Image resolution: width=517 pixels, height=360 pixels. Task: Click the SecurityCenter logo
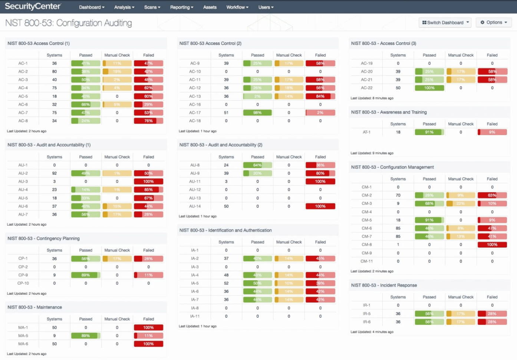(33, 6)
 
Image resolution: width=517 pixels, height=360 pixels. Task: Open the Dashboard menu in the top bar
(92, 7)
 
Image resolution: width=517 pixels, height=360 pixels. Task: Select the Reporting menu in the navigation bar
(181, 7)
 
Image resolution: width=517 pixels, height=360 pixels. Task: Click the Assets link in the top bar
(210, 7)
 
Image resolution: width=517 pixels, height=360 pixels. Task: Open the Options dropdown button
(494, 23)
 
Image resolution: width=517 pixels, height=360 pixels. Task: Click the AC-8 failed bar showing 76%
(148, 121)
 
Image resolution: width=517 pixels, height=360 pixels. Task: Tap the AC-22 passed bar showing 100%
(429, 88)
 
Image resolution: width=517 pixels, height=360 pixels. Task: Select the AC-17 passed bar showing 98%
(257, 112)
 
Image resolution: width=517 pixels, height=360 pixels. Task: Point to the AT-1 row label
(366, 132)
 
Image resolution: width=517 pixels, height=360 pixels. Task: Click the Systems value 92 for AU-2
(55, 173)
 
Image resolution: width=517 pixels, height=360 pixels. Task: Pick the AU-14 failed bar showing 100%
(320, 206)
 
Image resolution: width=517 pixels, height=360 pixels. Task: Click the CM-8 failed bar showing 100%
(492, 245)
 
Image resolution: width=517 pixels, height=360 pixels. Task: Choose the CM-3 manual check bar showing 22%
(461, 203)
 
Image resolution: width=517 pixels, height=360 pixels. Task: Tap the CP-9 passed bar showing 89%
(86, 275)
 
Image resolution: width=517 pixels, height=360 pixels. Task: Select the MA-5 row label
(23, 336)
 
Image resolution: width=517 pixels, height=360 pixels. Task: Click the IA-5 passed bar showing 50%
(257, 283)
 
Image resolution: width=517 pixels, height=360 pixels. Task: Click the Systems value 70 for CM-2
(398, 195)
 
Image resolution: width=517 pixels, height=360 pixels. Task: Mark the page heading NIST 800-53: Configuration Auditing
(69, 23)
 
